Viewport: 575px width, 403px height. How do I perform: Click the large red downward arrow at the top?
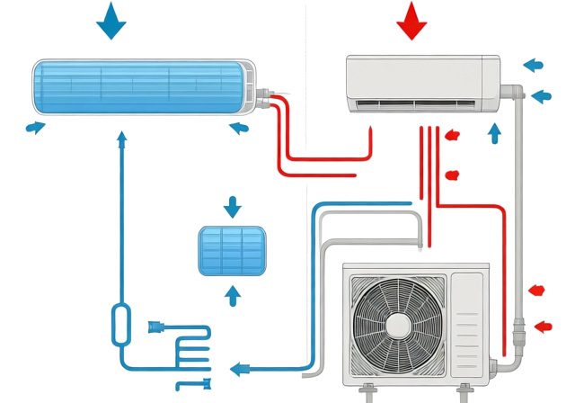point(413,20)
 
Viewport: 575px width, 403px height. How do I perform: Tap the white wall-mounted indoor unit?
point(422,81)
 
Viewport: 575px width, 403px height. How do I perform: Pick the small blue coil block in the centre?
point(232,250)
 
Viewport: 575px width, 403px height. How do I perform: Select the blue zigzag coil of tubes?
point(190,351)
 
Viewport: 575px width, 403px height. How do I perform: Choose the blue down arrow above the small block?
point(233,207)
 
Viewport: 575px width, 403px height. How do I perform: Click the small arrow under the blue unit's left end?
point(34,128)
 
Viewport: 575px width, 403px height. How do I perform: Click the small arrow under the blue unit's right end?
point(238,128)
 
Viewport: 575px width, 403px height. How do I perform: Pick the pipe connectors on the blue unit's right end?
point(264,94)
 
